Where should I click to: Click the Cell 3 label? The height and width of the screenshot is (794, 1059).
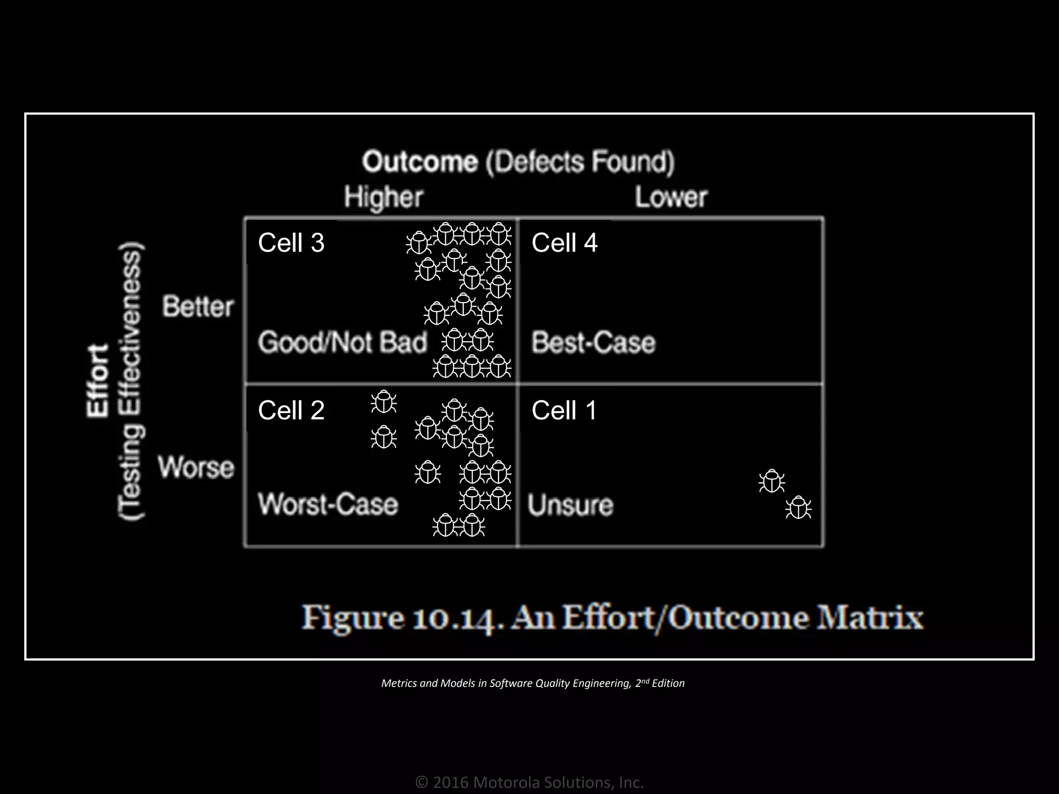coord(291,242)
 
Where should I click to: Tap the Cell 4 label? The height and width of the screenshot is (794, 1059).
coord(565,242)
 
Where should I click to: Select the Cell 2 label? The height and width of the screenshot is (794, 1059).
coord(291,410)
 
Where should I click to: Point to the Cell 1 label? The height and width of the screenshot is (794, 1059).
coord(565,410)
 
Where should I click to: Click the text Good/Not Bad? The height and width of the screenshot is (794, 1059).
coord(343,342)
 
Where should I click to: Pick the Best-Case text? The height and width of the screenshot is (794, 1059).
coord(594,342)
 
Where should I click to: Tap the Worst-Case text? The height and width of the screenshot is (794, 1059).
coord(328,504)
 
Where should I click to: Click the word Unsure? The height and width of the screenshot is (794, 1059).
coord(570,505)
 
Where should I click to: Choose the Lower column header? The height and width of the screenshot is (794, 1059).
coord(671,197)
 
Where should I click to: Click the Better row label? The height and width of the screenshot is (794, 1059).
coord(198,307)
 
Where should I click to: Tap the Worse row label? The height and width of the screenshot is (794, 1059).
coord(196,467)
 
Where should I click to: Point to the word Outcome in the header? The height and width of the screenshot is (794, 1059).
coord(420,162)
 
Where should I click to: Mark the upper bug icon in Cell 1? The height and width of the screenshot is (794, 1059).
coord(771,481)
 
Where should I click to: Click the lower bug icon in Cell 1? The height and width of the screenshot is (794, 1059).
coord(798,508)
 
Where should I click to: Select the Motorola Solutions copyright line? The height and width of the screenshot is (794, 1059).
coord(529,782)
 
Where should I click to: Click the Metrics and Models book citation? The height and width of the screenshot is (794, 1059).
coord(533,683)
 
